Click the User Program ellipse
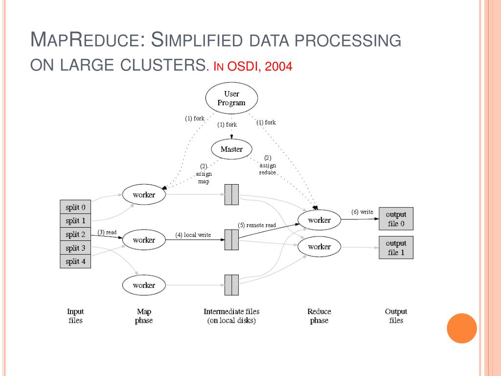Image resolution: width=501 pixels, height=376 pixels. [x=231, y=98]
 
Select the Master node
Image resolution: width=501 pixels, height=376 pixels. [x=231, y=149]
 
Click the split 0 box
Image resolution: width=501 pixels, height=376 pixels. [x=75, y=207]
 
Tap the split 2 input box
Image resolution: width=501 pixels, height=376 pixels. [x=75, y=235]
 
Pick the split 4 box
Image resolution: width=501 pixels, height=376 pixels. [x=75, y=261]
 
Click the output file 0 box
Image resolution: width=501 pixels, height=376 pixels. [x=396, y=219]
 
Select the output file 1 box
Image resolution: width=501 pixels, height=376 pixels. [x=396, y=248]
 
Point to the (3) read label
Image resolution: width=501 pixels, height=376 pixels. [x=107, y=232]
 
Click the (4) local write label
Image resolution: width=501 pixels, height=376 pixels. [x=193, y=235]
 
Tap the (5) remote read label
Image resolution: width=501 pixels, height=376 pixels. [x=257, y=225]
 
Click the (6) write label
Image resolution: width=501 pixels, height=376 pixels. [x=362, y=211]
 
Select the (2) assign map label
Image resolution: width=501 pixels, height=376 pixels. [x=204, y=174]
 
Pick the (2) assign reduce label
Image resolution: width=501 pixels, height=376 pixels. [x=268, y=165]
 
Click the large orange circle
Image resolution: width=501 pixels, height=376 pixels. [x=462, y=328]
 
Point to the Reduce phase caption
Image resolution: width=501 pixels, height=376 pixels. [x=319, y=316]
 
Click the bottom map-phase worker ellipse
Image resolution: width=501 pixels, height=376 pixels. [x=144, y=285]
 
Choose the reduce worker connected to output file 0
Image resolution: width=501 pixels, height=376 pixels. [x=319, y=220]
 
